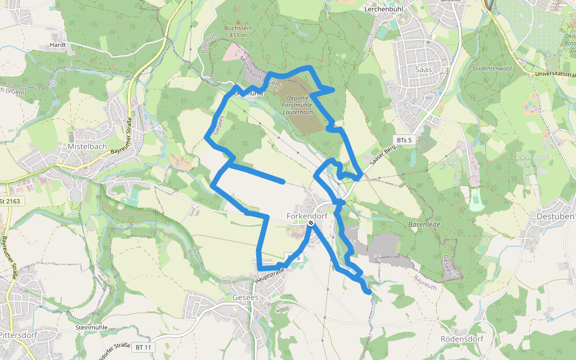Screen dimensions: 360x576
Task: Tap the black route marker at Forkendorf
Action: [311, 223]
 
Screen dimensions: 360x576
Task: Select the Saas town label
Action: [424, 69]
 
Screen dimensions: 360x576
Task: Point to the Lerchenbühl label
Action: [386, 10]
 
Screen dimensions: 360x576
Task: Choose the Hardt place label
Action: [58, 45]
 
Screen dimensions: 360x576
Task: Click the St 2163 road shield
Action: [12, 201]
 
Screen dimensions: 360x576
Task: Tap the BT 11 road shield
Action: [143, 347]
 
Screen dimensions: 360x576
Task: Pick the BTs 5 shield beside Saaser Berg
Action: [404, 140]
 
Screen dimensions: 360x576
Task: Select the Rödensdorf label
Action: [461, 338]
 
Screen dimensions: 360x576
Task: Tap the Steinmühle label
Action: [92, 328]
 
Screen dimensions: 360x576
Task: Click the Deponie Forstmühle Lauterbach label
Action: [298, 105]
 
